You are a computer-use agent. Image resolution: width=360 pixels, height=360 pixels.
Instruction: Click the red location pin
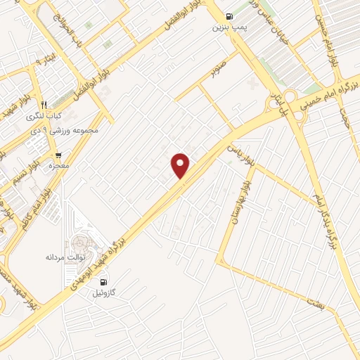(x=181, y=166)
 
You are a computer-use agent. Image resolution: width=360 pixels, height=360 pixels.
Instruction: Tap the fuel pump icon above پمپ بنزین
(x=229, y=17)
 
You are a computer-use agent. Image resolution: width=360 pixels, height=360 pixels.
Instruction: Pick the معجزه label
(x=60, y=166)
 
